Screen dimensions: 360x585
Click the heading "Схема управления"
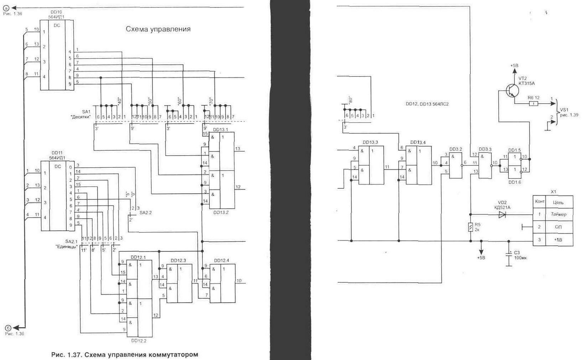158,29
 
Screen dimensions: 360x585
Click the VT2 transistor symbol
512,91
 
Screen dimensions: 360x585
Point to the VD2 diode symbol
502,214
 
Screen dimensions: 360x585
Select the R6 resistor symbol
533,104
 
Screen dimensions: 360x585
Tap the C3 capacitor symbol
509,254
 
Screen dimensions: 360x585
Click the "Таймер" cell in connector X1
558,214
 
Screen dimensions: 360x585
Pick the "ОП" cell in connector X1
558,227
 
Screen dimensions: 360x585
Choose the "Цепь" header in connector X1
558,202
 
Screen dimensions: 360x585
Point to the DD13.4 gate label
418,142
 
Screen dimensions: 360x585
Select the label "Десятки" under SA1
81,117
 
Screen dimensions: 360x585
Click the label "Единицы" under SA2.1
67,246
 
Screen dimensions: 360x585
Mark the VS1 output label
564,110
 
